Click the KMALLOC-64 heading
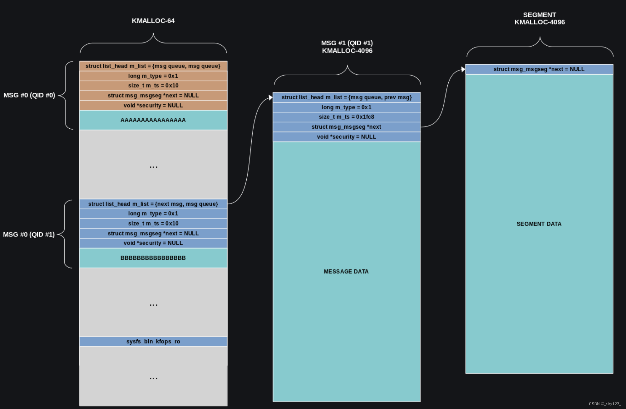coord(153,21)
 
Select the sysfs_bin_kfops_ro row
coord(153,341)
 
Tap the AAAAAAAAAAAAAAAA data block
coord(153,120)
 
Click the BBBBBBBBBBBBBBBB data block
coord(153,258)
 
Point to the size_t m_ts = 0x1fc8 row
coord(346,117)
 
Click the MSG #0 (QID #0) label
coord(29,95)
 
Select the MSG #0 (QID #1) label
coord(29,234)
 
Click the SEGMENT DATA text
coord(539,224)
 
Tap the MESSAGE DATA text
coord(346,271)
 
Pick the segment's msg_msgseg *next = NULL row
coord(539,69)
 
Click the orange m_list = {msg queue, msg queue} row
coord(153,66)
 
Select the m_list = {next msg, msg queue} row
coord(153,204)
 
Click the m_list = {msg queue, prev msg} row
coord(346,97)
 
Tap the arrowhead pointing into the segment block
coord(463,69)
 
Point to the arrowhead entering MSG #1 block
coord(270,98)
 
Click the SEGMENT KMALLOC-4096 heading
coord(540,18)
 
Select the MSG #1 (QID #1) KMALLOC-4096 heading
coord(347,47)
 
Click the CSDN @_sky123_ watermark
coord(605,404)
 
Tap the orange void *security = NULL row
coord(153,106)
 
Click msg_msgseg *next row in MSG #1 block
coord(346,127)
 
